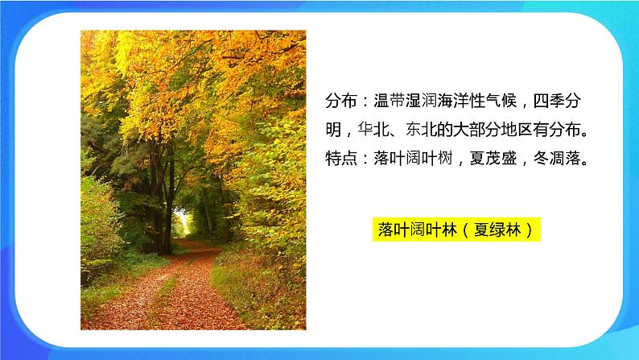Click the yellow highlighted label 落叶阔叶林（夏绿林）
458,230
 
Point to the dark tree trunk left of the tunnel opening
164,193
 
